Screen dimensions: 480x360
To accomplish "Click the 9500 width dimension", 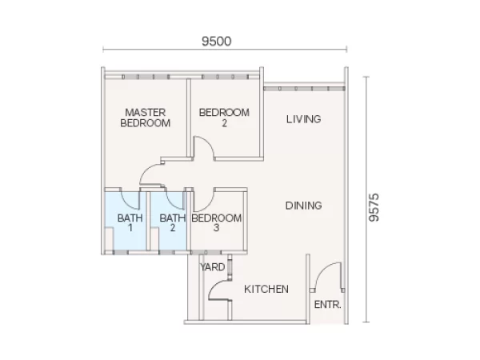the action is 217,42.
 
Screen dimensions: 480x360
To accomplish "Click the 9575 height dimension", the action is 374,207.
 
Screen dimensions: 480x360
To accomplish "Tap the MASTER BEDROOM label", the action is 146,118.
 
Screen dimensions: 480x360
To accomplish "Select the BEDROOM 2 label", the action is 224,118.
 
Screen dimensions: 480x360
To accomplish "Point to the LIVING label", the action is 304,119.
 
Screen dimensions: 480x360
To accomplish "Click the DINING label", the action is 304,206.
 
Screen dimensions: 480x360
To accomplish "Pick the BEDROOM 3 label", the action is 217,223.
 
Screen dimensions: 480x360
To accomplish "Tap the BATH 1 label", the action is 130,223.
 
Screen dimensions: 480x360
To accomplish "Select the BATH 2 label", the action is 173,223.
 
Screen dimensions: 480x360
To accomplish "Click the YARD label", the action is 213,267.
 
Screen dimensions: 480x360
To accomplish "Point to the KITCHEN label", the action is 266,289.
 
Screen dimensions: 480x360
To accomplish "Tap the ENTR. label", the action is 327,305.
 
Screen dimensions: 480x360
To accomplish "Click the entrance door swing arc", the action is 324,270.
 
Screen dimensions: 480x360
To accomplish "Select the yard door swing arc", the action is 214,286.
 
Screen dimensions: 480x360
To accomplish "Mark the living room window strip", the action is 304,89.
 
